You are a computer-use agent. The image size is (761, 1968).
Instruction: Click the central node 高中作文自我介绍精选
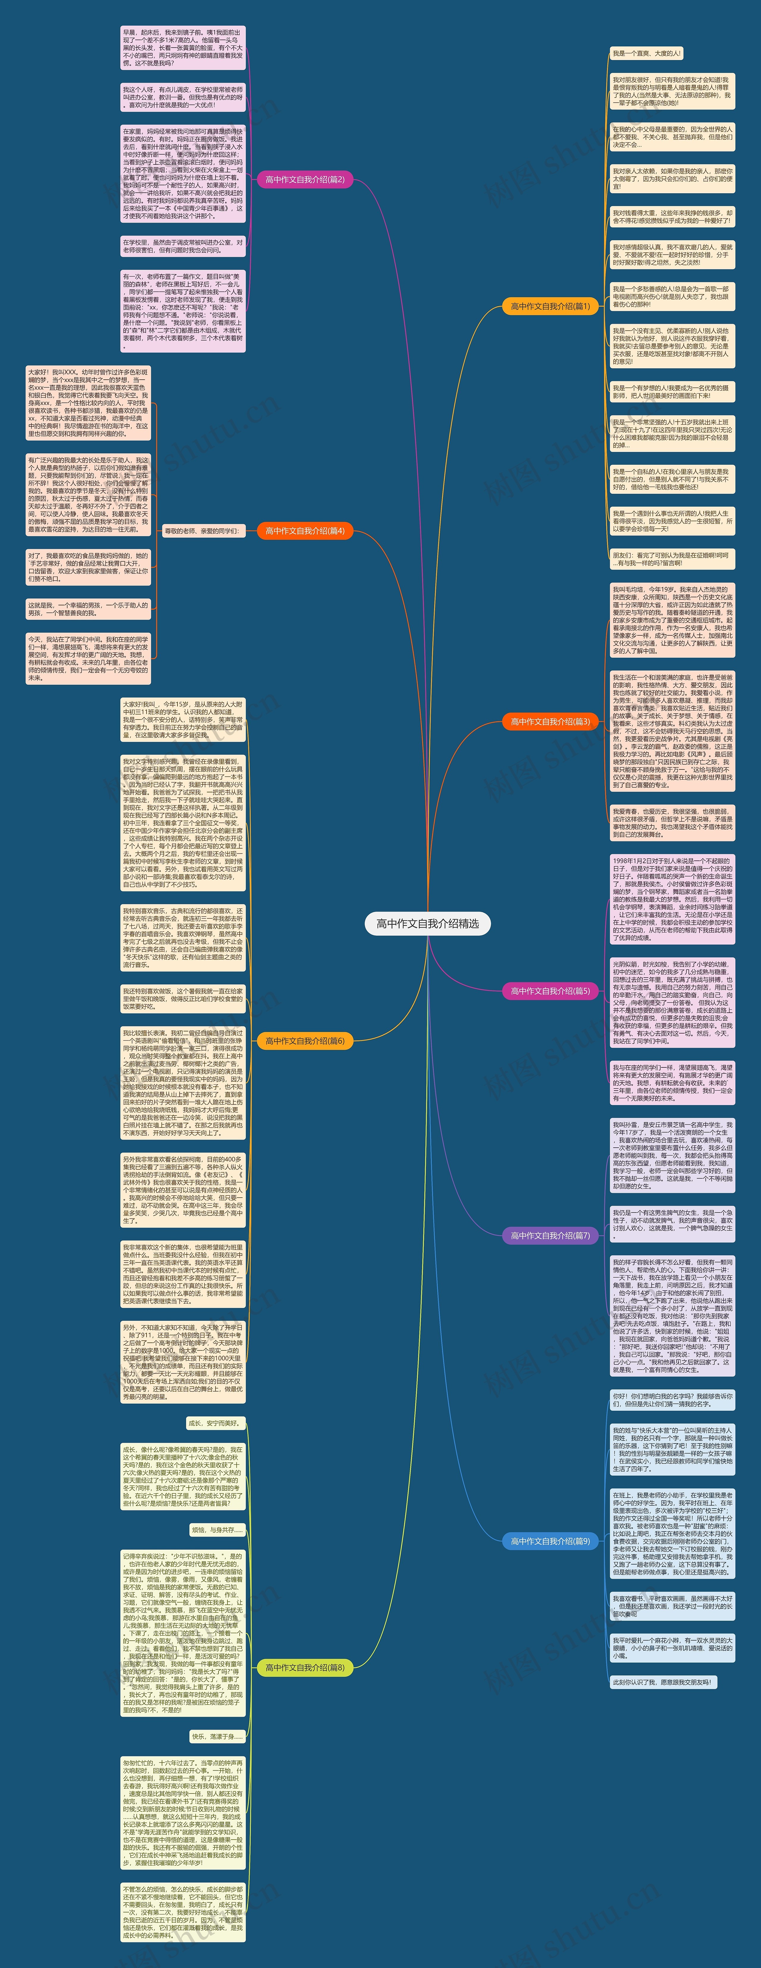(427, 923)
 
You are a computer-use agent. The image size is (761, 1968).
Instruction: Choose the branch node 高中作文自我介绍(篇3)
(550, 721)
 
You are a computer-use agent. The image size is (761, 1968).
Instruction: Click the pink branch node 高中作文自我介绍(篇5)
(550, 991)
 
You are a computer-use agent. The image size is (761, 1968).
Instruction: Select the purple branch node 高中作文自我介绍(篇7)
(550, 1235)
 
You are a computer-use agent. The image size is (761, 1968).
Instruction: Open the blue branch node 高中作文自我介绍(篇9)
(550, 1541)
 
